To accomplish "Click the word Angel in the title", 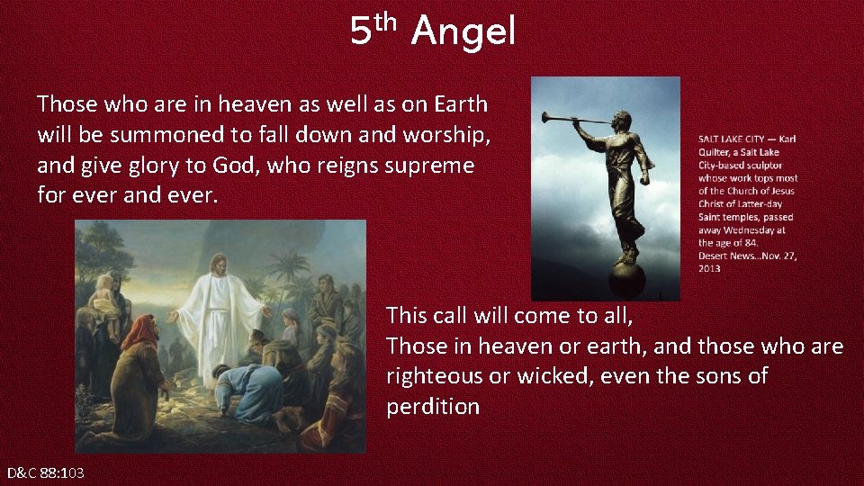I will tap(463, 32).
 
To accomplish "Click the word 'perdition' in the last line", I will tap(433, 407).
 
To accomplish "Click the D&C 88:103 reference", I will tap(46, 472).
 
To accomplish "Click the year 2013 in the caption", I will tap(709, 268).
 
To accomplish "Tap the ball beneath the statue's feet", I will tap(625, 274).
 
